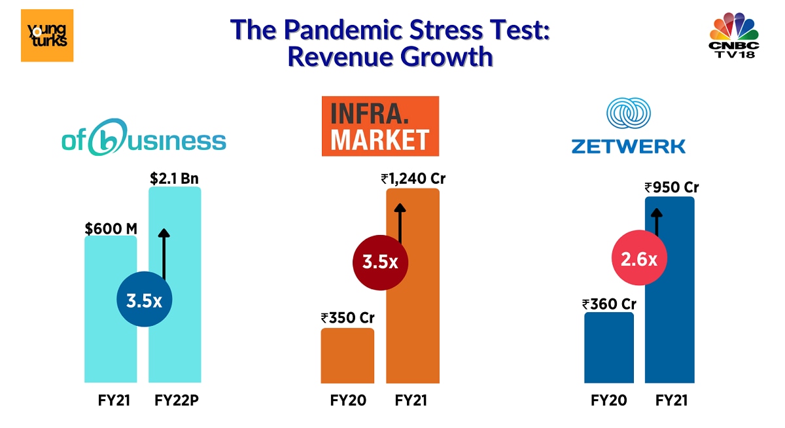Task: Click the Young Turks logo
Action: [47, 35]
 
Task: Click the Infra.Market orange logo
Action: [380, 126]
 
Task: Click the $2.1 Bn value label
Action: [175, 178]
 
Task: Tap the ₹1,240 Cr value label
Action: [413, 178]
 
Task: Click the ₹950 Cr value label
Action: [671, 187]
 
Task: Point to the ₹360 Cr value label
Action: [609, 304]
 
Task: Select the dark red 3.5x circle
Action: [380, 262]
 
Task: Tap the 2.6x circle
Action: [638, 259]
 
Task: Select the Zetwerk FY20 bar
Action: [609, 348]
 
